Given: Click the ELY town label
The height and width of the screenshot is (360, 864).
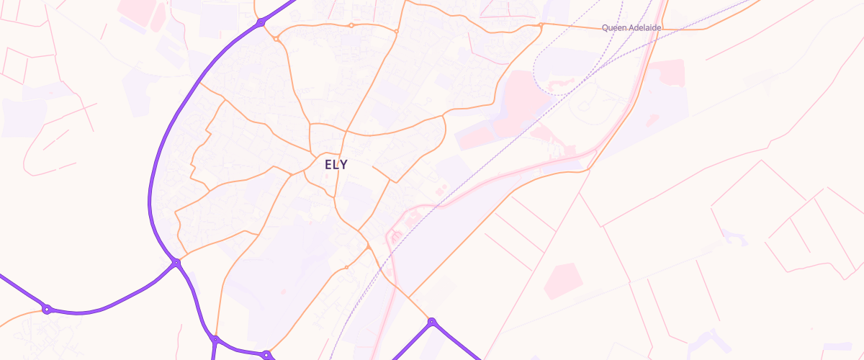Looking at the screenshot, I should pos(336,164).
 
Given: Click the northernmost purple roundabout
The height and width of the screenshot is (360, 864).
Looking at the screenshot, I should pos(261,23).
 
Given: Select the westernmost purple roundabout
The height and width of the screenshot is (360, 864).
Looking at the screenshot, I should pos(47,310).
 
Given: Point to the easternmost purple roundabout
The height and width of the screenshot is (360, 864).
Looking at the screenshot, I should pos(431,321).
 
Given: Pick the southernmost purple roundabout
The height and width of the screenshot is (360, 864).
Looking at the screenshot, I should pos(266,354).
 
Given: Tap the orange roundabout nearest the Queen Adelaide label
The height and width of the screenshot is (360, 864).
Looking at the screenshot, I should pos(541,25).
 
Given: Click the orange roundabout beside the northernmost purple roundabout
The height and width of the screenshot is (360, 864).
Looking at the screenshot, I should pos(276,39).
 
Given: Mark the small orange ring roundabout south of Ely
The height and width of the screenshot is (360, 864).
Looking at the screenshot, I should pos(346,268).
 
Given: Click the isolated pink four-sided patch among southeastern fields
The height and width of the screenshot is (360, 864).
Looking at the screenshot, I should pos(563,281).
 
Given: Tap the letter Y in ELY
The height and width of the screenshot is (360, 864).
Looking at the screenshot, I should pos(343,164).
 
